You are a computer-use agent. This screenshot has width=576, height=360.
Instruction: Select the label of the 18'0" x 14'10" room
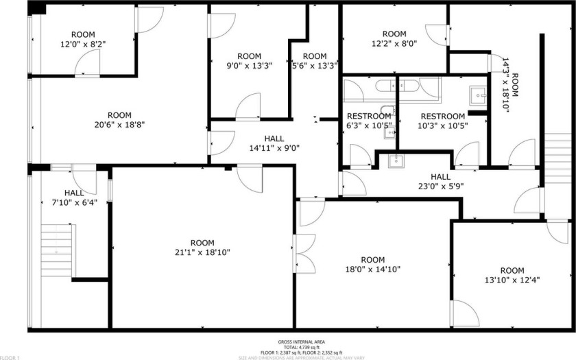[372, 265]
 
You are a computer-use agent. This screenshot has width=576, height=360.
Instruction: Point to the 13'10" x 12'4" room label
[512, 276]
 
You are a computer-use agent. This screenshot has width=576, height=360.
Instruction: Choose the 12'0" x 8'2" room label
[83, 39]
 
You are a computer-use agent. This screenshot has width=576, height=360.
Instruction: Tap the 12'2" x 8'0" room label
[394, 38]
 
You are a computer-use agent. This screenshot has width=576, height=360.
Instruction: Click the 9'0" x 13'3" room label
[249, 61]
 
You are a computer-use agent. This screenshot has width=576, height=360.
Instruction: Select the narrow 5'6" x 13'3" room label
[315, 61]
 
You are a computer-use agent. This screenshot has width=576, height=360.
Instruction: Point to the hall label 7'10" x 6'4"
[75, 197]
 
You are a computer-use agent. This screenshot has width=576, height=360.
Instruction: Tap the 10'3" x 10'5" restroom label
[442, 121]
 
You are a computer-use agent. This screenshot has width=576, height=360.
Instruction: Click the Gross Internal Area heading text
[301, 341]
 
